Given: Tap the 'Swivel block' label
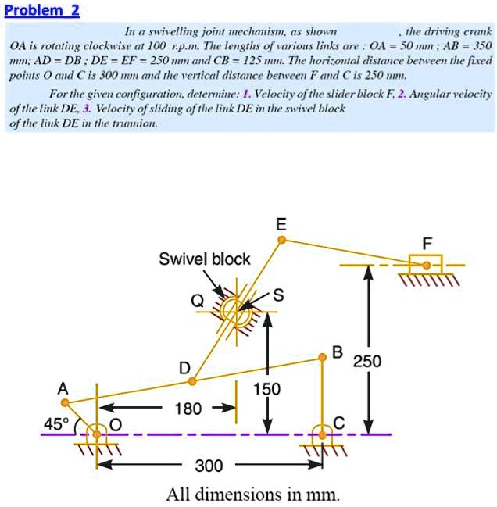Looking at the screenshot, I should (x=205, y=259).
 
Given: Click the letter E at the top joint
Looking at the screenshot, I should (x=281, y=224).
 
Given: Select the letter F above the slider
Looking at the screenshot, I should (x=427, y=243).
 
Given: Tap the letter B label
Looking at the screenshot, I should (x=337, y=351).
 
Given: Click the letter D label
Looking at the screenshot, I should (x=184, y=367).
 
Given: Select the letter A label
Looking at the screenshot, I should (x=63, y=388).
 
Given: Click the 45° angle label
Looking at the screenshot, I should (x=55, y=423).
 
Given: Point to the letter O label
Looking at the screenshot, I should (x=116, y=423).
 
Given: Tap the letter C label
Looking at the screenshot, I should (x=338, y=423).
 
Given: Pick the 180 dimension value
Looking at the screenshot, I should (x=188, y=409).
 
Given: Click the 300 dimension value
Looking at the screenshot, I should (x=209, y=466).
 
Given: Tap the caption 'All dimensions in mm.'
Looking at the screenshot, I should (x=253, y=494).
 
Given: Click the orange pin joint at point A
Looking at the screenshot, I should (x=66, y=403).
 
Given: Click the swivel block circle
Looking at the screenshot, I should (x=232, y=311).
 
